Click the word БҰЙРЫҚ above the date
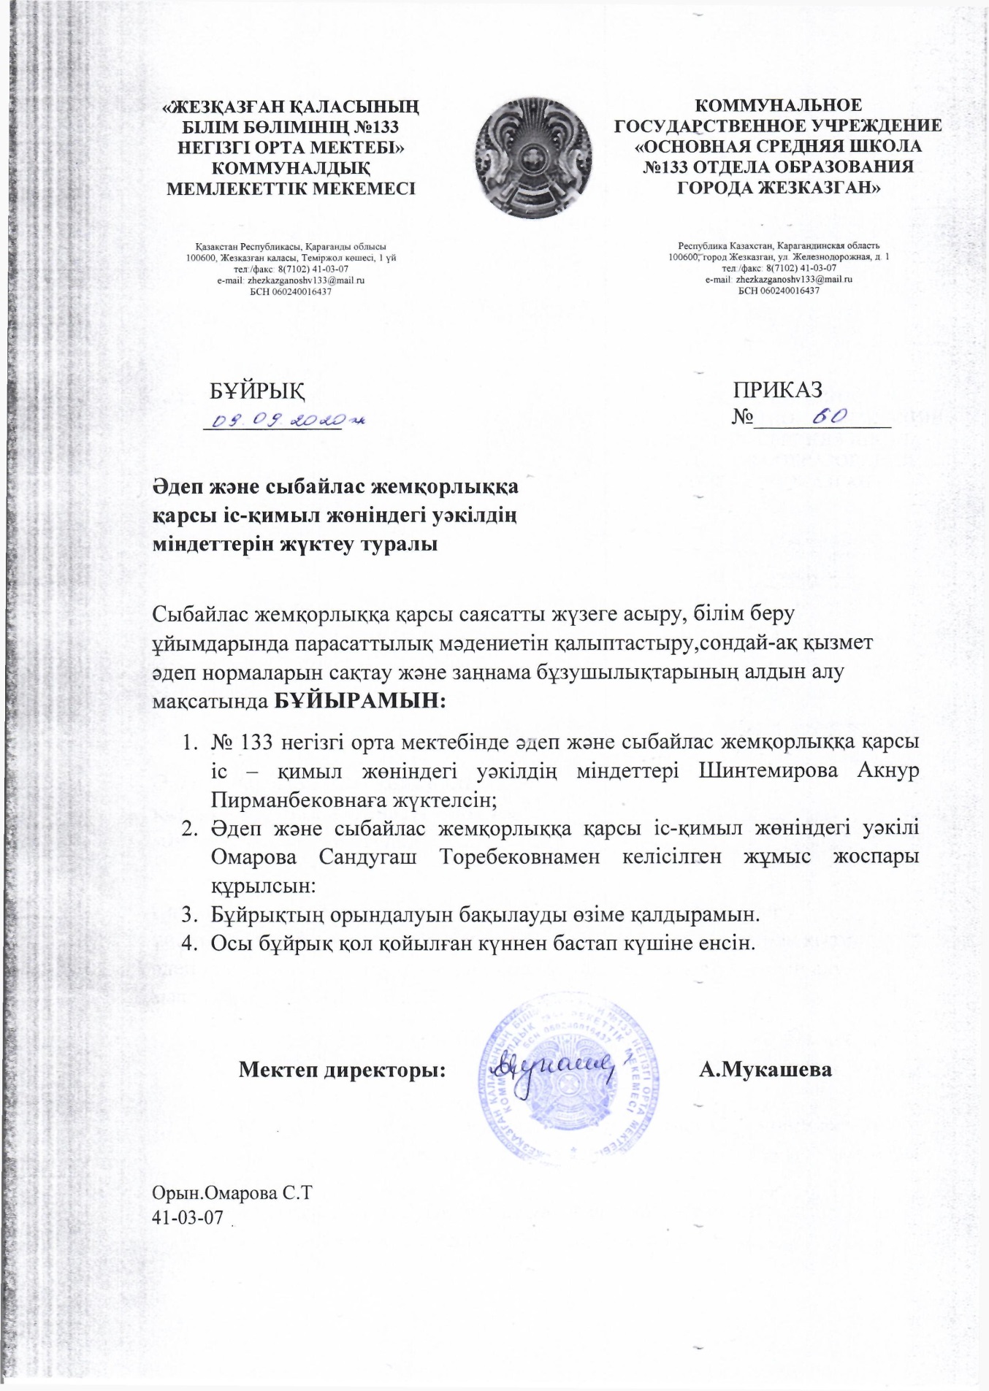[x=257, y=391]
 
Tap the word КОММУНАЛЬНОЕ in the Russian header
[x=777, y=106]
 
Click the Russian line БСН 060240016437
[x=779, y=290]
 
